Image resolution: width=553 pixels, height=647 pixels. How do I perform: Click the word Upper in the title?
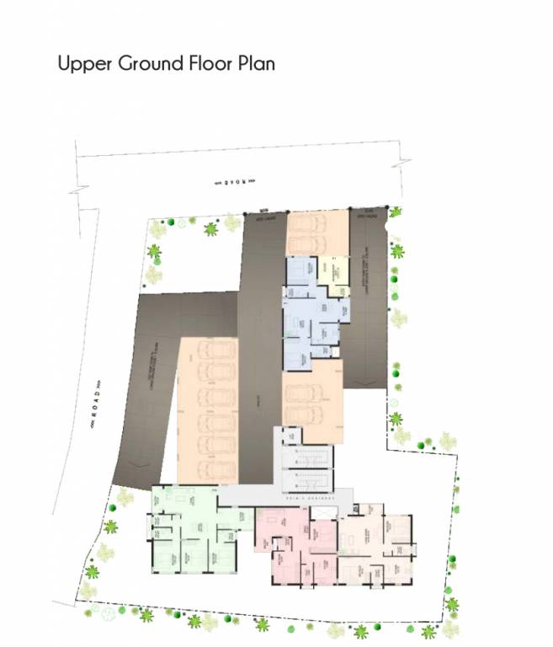[x=82, y=64]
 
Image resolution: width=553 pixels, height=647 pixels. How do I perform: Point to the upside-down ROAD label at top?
[x=232, y=179]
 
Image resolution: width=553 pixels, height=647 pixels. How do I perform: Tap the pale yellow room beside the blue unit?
[x=336, y=275]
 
